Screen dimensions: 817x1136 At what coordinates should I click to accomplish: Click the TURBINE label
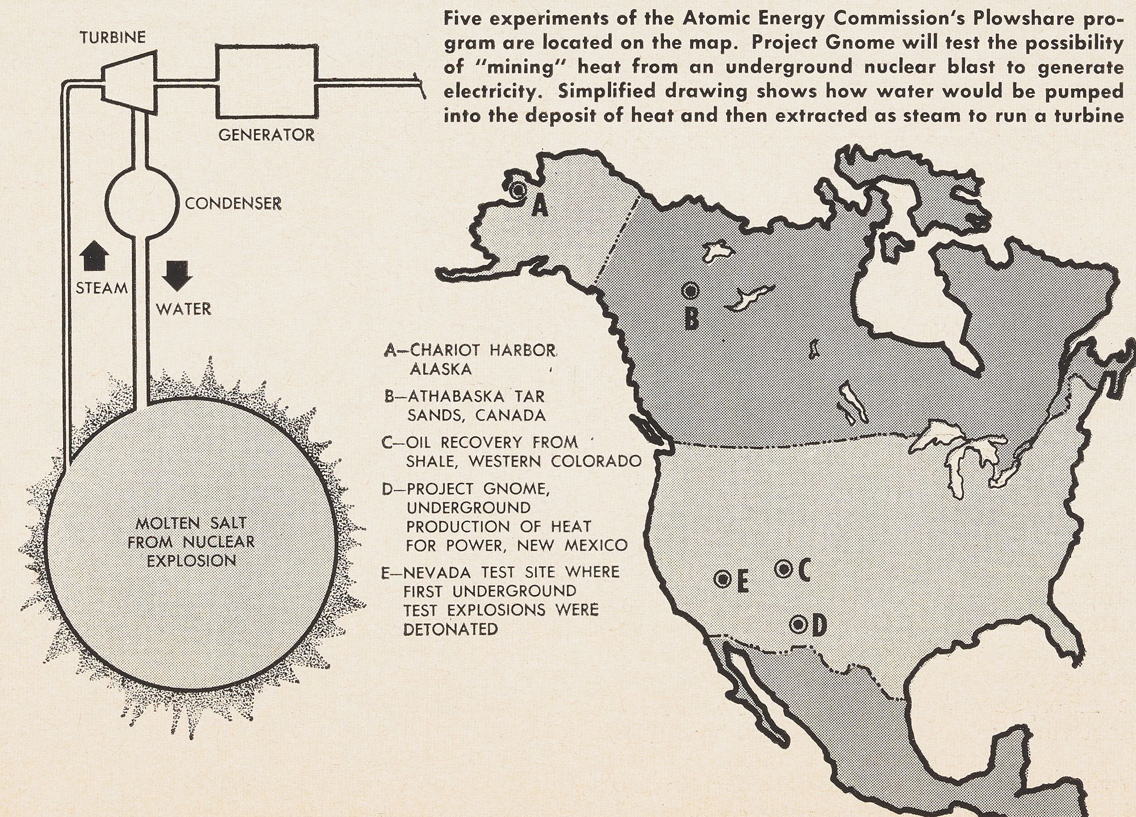point(112,37)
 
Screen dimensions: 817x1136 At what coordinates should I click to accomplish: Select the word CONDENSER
point(233,203)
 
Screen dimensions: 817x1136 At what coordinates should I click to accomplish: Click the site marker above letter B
point(690,291)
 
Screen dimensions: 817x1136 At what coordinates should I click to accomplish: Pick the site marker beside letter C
point(784,568)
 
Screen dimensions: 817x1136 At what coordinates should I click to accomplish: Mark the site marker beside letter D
point(799,624)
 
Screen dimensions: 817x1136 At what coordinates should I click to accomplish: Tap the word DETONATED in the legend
point(450,629)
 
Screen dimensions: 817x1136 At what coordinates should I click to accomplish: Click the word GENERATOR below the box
point(267,135)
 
